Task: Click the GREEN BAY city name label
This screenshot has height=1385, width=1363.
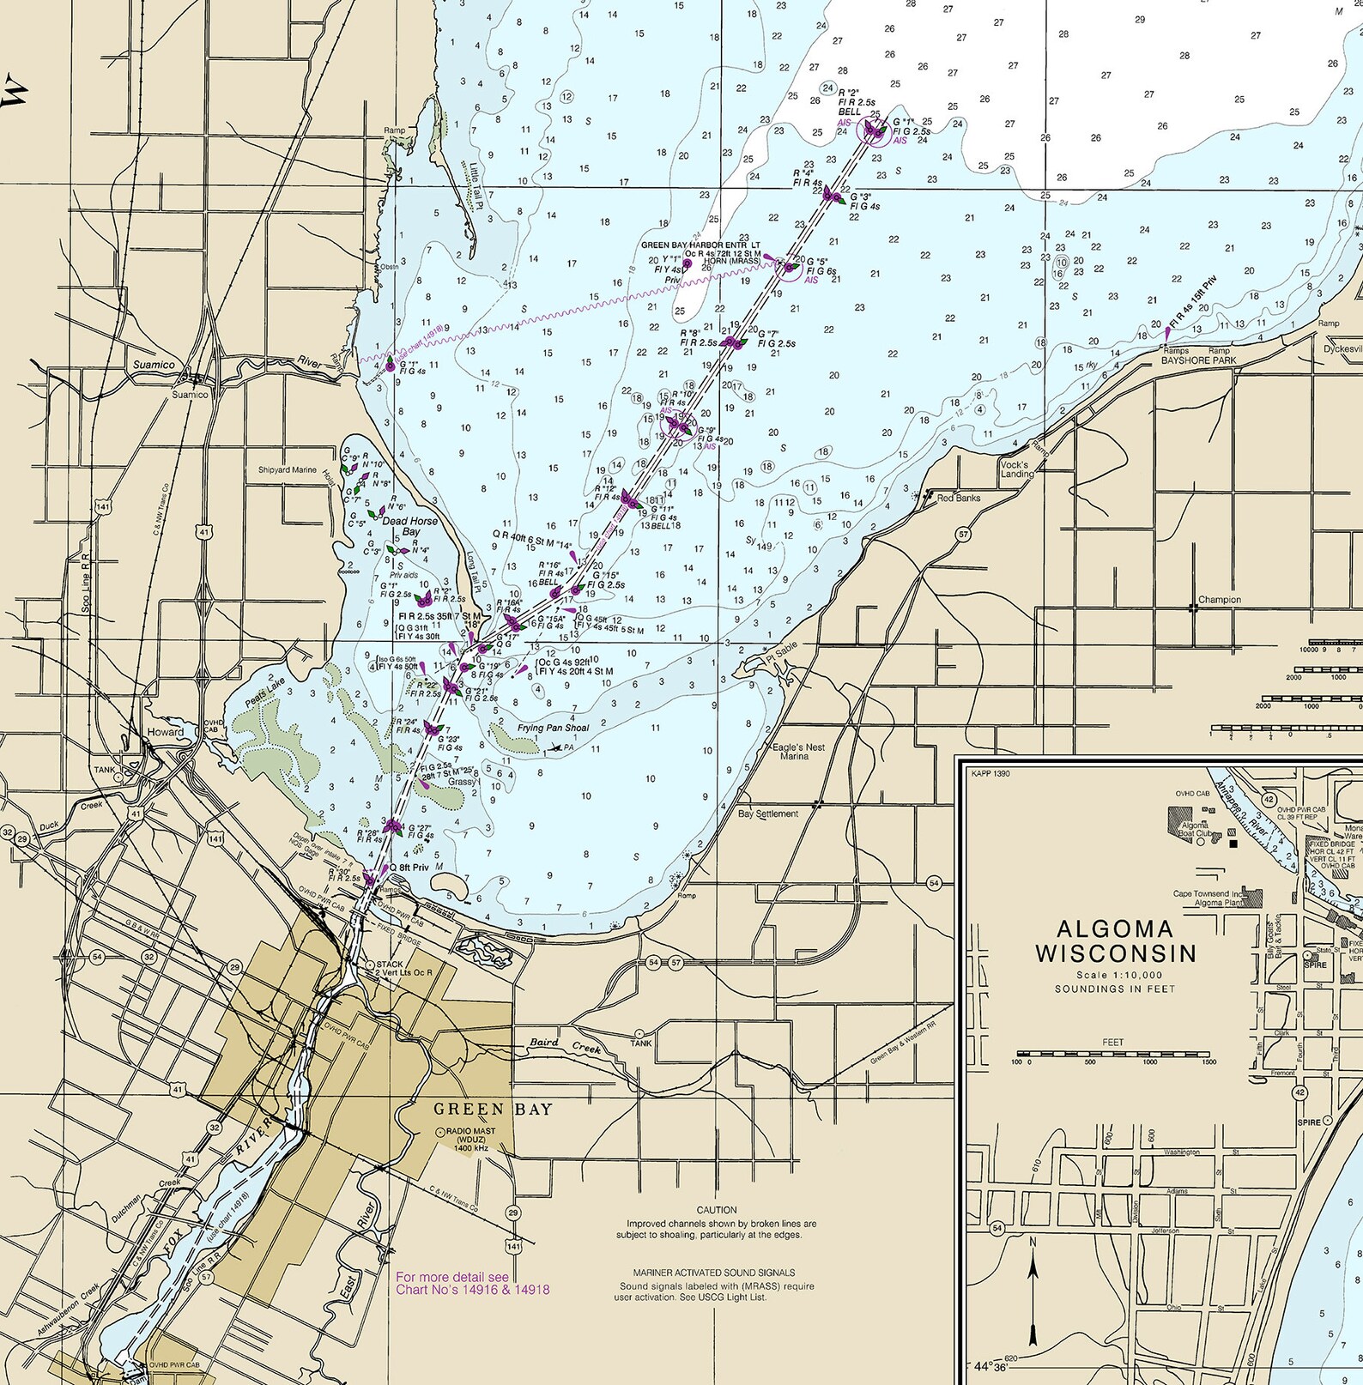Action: tap(493, 1109)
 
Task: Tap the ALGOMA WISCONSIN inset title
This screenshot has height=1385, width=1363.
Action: tap(1115, 941)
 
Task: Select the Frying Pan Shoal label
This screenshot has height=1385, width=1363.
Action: tap(554, 728)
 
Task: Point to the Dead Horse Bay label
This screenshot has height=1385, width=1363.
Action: tap(410, 526)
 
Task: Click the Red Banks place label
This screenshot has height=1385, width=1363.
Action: tap(958, 498)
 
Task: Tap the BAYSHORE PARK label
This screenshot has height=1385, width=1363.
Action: tap(1198, 360)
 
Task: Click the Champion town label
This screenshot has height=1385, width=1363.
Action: tap(1219, 600)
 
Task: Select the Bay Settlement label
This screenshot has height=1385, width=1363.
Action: tap(768, 813)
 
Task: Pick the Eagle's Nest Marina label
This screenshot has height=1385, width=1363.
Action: tap(798, 752)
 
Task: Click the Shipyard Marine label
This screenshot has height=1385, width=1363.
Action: tap(288, 470)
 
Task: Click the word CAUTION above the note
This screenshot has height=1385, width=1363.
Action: tap(717, 1210)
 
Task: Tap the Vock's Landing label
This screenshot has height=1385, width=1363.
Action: tap(1017, 469)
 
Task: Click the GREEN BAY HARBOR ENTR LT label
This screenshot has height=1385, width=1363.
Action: tap(700, 245)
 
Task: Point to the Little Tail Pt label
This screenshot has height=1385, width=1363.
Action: tap(477, 185)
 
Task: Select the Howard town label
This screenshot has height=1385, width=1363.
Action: tap(166, 732)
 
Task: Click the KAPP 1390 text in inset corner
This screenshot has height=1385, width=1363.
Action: tap(990, 773)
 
